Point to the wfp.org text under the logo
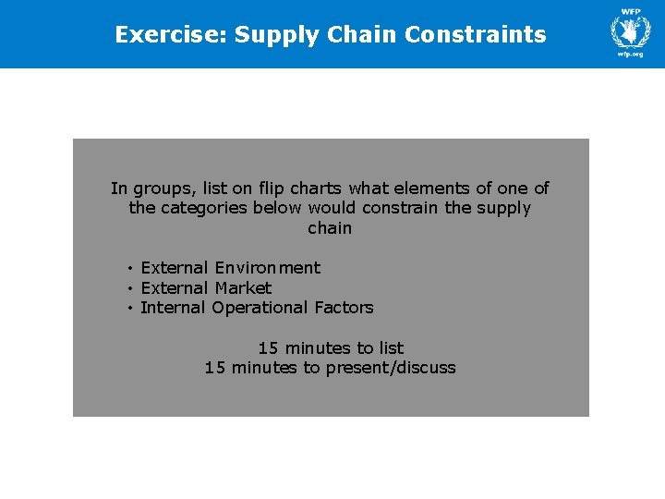[x=631, y=55]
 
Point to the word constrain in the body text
[x=401, y=208]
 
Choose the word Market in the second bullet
[x=243, y=288]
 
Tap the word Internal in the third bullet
[x=174, y=308]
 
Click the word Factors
[x=344, y=308]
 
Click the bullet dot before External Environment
[x=131, y=268]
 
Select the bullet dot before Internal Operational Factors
[x=131, y=308]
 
